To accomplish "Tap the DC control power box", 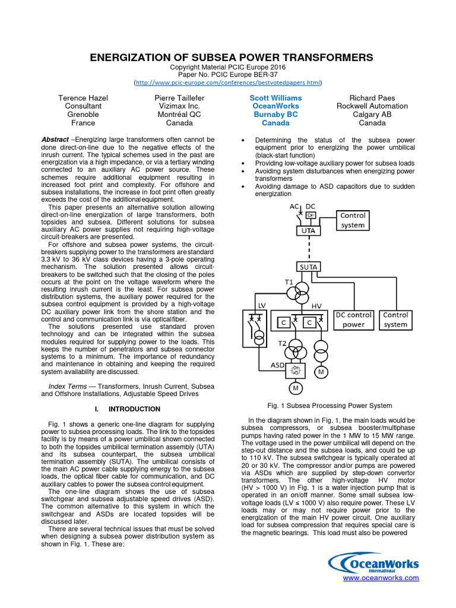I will (x=354, y=319).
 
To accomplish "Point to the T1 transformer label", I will (x=289, y=282).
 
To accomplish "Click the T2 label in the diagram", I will (x=283, y=343).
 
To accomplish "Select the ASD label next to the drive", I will (x=277, y=365).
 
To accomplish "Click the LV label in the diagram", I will (x=261, y=305).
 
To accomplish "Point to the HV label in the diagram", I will (x=316, y=305).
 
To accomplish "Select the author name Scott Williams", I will (x=275, y=97).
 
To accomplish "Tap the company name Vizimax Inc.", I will (x=179, y=106).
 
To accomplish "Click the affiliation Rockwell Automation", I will (x=372, y=106).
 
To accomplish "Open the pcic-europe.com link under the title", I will (x=228, y=83).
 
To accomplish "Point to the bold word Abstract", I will (x=55, y=139).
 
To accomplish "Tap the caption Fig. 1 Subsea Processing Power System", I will (x=330, y=406).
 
